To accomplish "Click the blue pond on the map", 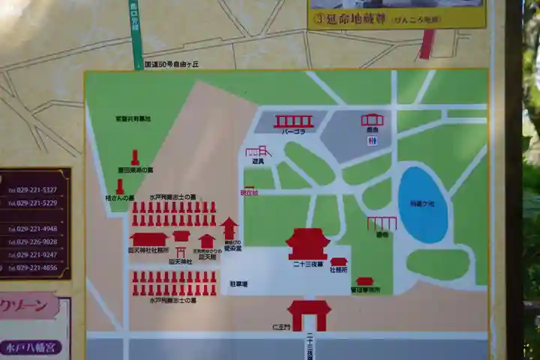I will [422, 204].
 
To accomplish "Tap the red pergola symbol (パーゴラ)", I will [293, 121].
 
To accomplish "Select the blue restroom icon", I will [372, 140].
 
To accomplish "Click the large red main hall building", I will [307, 244].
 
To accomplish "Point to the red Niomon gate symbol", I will [308, 313].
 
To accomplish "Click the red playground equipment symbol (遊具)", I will [257, 151].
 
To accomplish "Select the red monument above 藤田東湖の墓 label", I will [135, 157].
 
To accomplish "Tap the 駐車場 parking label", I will [238, 284].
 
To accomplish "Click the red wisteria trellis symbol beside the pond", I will [382, 223].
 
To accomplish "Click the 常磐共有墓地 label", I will [133, 118].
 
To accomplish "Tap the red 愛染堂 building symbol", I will [229, 228].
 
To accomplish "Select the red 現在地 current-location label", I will [249, 192].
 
